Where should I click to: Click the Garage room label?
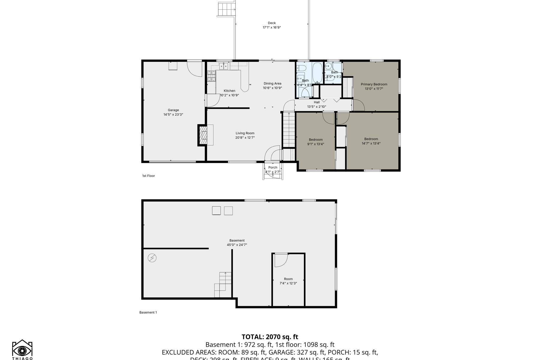pos(173,110)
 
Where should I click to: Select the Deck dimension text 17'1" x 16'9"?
pos(271,28)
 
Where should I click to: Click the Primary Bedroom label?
pos(374,84)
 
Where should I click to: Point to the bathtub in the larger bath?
pos(317,73)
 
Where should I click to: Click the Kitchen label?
pos(229,91)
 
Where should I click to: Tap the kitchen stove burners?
pos(211,76)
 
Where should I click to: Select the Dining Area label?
pos(272,84)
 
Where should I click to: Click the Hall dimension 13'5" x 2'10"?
pos(316,107)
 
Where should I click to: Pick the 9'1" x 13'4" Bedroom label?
pos(316,140)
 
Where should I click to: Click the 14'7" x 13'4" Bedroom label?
pos(371,139)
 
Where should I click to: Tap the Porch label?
pos(273,168)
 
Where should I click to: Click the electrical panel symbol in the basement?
pos(152,258)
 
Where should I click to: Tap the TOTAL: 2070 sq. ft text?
pos(270,337)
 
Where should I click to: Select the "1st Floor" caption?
pos(148,176)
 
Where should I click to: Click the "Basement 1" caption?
pos(148,312)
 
